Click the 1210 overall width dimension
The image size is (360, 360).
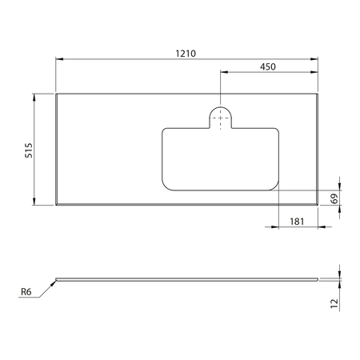pyautogui.click(x=186, y=54)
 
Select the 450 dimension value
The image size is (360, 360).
pyautogui.click(x=268, y=67)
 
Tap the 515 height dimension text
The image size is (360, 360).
pyautogui.click(x=29, y=150)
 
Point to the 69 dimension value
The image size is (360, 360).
pyautogui.click(x=334, y=198)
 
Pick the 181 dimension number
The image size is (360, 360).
pyautogui.click(x=297, y=222)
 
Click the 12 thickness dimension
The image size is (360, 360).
pyautogui.click(x=334, y=303)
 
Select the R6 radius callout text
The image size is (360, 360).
pyautogui.click(x=26, y=292)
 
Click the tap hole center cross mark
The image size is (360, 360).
pyautogui.click(x=220, y=118)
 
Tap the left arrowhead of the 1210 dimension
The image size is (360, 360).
pyautogui.click(x=59, y=59)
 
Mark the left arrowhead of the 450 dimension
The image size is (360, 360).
pyautogui.click(x=224, y=72)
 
